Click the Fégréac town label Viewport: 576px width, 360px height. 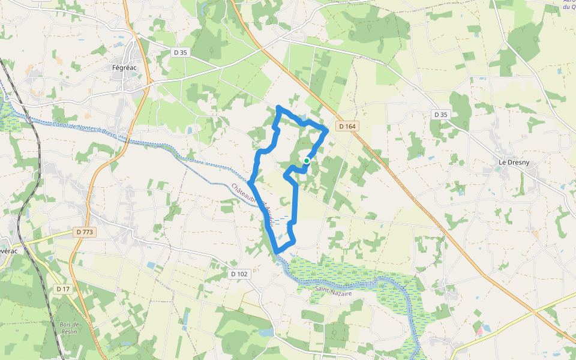pyautogui.click(x=125, y=68)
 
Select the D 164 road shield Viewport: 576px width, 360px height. pyautogui.click(x=347, y=126)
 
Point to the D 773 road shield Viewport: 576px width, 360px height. pyautogui.click(x=86, y=232)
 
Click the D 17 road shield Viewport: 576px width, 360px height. pyautogui.click(x=63, y=289)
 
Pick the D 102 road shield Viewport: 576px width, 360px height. pyautogui.click(x=239, y=274)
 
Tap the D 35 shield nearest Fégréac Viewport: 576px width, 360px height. pyautogui.click(x=180, y=52)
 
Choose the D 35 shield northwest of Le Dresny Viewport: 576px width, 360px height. pyautogui.click(x=440, y=114)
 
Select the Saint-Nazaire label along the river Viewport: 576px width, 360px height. pyautogui.click(x=332, y=292)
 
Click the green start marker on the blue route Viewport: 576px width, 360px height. pyautogui.click(x=307, y=161)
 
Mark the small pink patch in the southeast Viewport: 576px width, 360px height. pyautogui.click(x=479, y=329)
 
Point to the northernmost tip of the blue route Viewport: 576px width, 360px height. pyautogui.click(x=278, y=107)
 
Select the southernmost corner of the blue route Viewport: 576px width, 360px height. pyautogui.click(x=276, y=251)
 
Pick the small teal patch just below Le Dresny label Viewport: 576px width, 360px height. pyautogui.click(x=497, y=170)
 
